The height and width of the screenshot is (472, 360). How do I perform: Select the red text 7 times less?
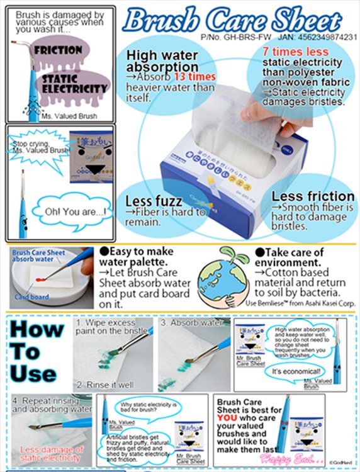click(296, 52)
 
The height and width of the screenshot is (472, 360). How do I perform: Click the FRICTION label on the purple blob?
click(58, 50)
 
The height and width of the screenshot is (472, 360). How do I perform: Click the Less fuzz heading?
click(154, 201)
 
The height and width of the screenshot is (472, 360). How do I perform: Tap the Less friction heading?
click(313, 196)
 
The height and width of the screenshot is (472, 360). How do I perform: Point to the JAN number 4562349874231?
click(327, 38)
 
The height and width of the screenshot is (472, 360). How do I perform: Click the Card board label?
click(31, 297)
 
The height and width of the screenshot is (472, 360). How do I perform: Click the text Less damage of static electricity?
click(51, 454)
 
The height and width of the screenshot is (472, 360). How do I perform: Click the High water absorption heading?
click(162, 60)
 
